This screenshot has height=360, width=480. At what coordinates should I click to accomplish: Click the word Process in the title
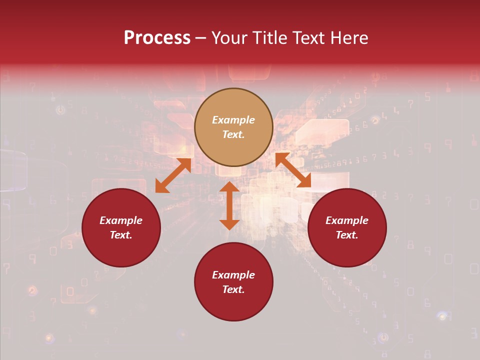pyautogui.click(x=157, y=38)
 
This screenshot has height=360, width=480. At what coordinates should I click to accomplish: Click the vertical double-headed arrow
pyautogui.click(x=229, y=205)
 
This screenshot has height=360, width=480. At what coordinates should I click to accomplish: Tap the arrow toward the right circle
pyautogui.click(x=293, y=170)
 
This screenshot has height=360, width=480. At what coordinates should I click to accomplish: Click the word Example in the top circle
pyautogui.click(x=233, y=120)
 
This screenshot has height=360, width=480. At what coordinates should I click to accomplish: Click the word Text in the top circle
pyautogui.click(x=233, y=134)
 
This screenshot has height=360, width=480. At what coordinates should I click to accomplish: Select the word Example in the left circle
pyautogui.click(x=121, y=220)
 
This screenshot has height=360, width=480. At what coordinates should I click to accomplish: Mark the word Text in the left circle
pyautogui.click(x=121, y=235)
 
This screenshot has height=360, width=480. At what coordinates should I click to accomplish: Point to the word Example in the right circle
pyautogui.click(x=347, y=220)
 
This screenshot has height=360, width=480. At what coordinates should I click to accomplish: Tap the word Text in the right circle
pyautogui.click(x=347, y=235)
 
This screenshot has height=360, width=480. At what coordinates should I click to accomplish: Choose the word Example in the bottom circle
pyautogui.click(x=233, y=275)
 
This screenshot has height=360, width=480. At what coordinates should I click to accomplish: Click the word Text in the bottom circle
pyautogui.click(x=233, y=289)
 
